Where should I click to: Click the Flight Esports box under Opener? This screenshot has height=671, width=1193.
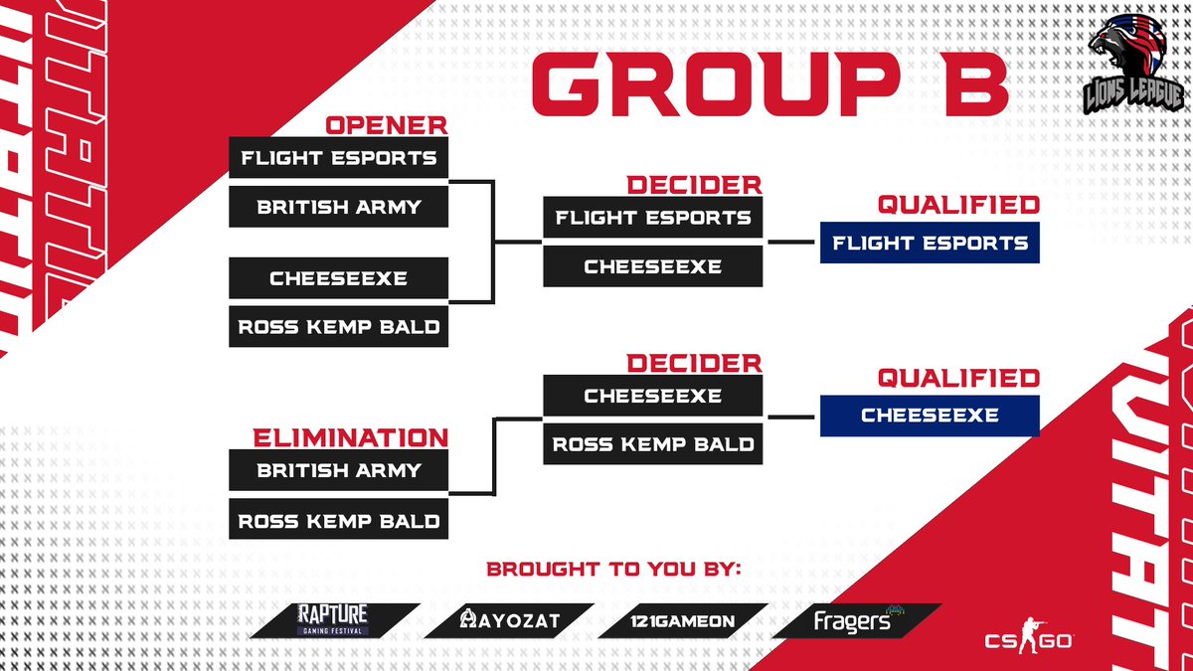click(339, 157)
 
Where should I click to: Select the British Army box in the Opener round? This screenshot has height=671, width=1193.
click(339, 207)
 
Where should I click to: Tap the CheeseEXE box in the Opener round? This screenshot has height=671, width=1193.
click(339, 277)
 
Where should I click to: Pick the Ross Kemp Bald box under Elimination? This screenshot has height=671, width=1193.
click(339, 519)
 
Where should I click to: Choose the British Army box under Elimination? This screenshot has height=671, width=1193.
click(339, 470)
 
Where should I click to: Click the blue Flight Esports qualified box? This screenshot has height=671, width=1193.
click(930, 243)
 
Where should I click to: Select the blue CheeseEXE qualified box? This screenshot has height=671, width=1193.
click(930, 416)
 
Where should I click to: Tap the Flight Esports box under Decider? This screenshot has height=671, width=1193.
click(653, 217)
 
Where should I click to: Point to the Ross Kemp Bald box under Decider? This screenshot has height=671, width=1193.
click(653, 444)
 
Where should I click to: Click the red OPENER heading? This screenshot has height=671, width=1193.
click(387, 126)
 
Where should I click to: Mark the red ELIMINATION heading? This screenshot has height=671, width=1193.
click(349, 438)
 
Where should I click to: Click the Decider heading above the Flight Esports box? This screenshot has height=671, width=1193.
click(694, 186)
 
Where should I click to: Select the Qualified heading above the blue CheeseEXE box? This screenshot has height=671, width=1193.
click(957, 379)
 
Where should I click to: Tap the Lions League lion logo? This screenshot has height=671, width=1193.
click(1133, 70)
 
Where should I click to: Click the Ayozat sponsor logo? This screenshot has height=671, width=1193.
click(508, 620)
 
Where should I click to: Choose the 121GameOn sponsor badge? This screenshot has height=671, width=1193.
click(683, 620)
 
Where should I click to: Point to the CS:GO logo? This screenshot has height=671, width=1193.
click(1026, 637)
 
